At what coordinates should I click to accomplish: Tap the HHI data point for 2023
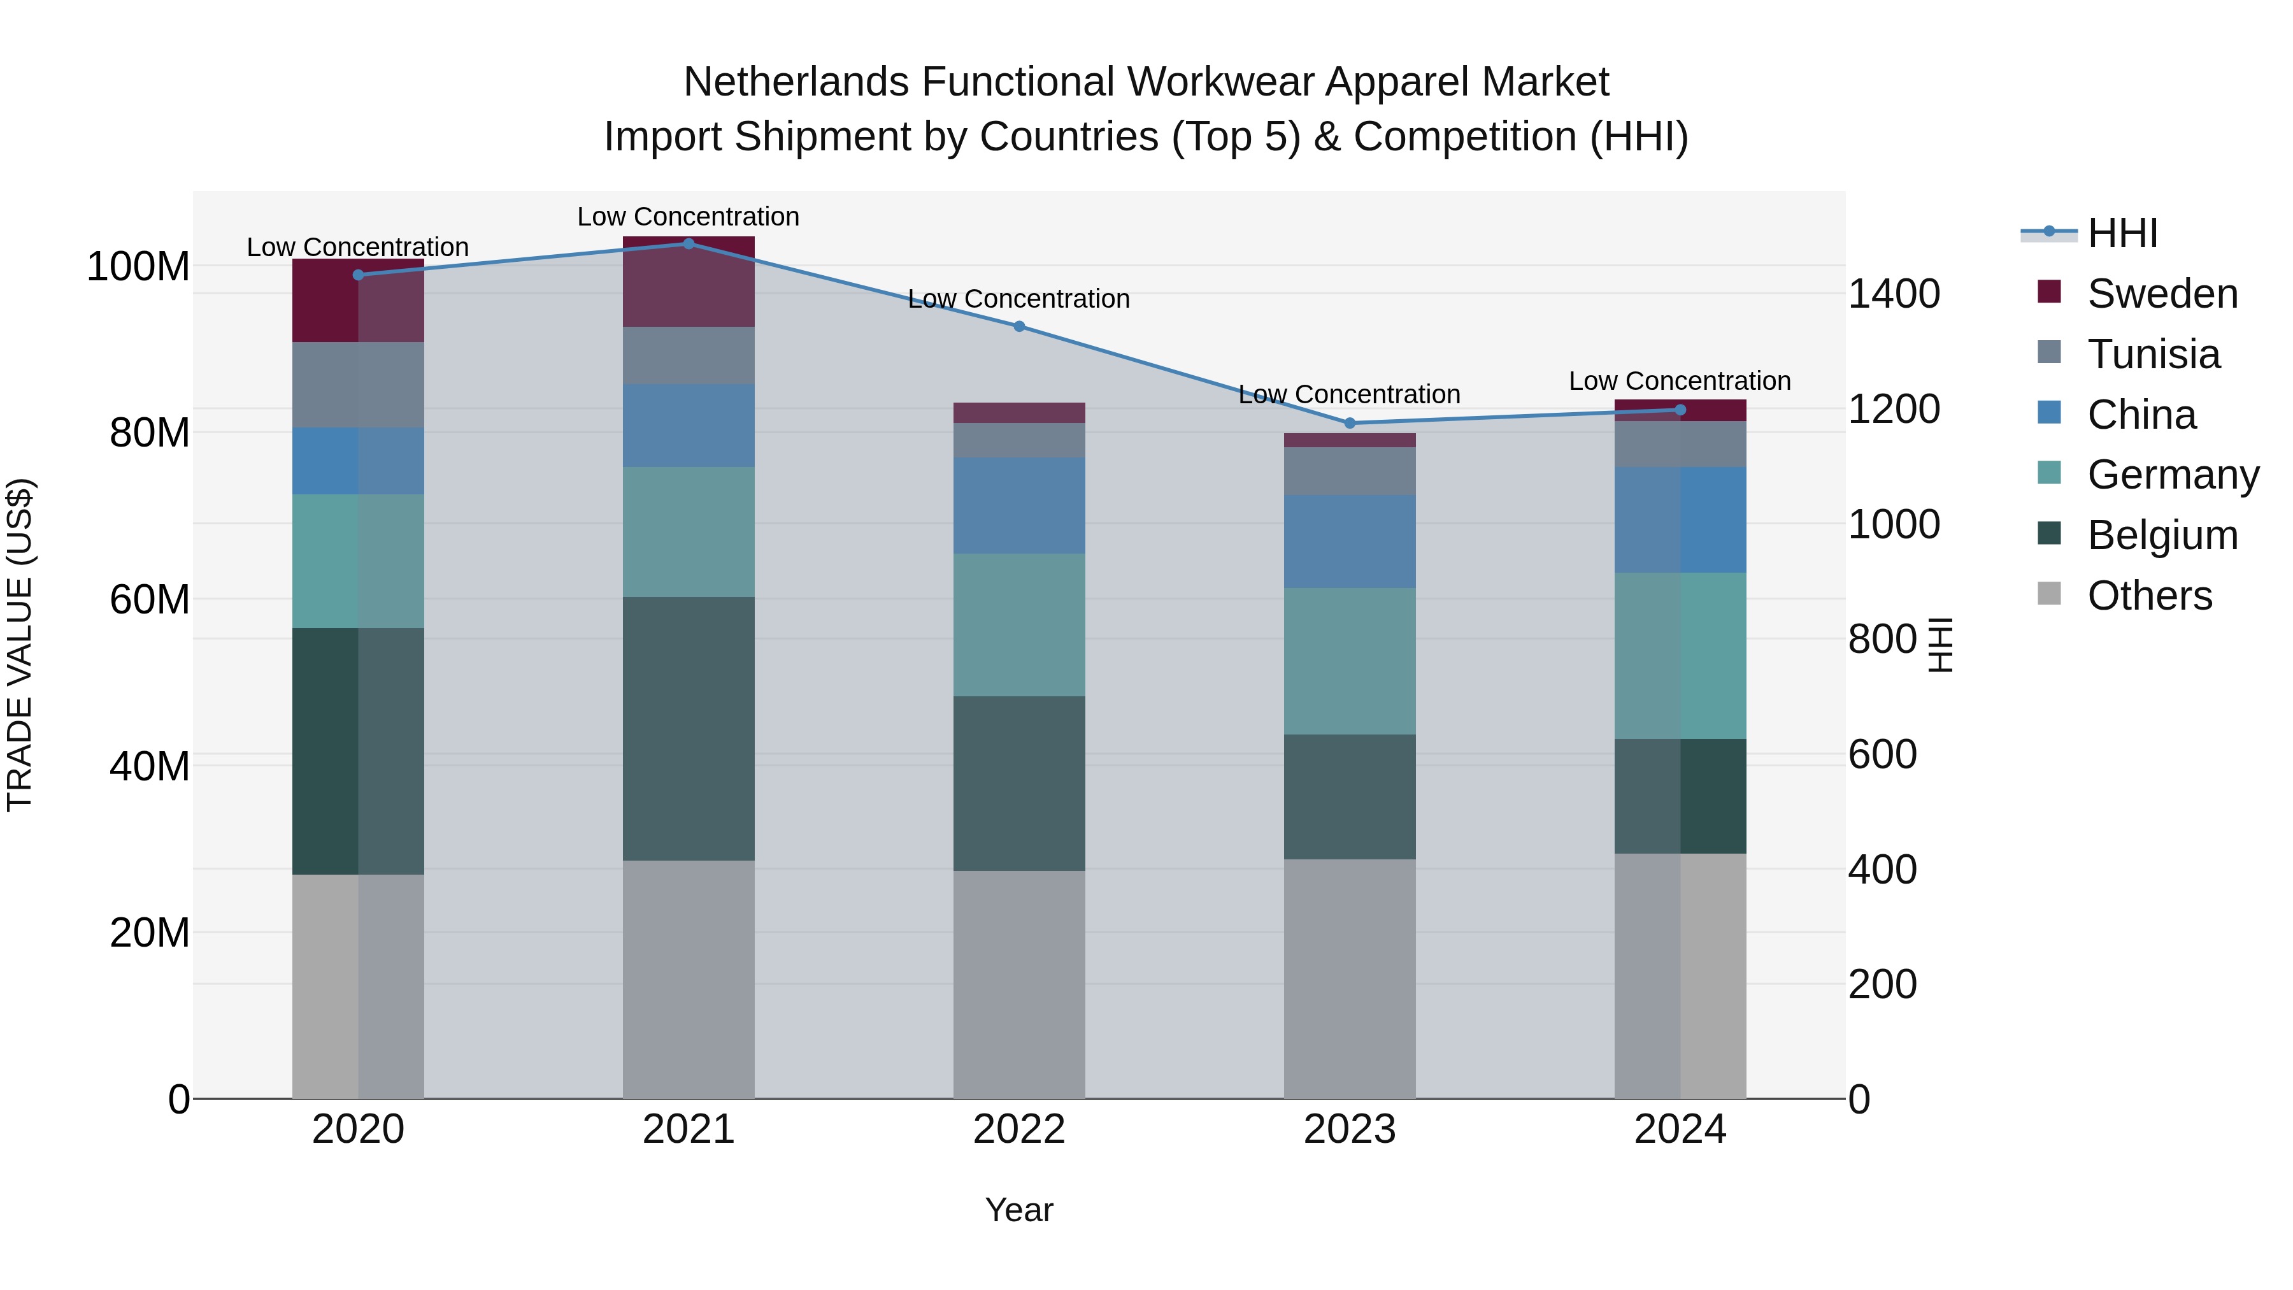[1350, 423]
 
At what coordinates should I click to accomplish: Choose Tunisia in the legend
[2154, 354]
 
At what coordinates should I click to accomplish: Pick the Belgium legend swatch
[2049, 534]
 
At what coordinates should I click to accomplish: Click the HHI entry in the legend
[2122, 233]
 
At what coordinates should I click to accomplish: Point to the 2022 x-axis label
[1019, 1129]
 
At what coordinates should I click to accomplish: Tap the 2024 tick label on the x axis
[1680, 1129]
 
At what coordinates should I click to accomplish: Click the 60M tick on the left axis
[150, 600]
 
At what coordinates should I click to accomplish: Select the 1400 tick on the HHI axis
[1894, 294]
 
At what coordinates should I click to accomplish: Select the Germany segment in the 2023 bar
[1350, 661]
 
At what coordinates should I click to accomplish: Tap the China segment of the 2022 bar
[1019, 506]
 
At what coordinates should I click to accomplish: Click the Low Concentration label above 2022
[1019, 299]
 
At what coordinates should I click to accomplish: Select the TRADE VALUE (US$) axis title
[20, 645]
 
